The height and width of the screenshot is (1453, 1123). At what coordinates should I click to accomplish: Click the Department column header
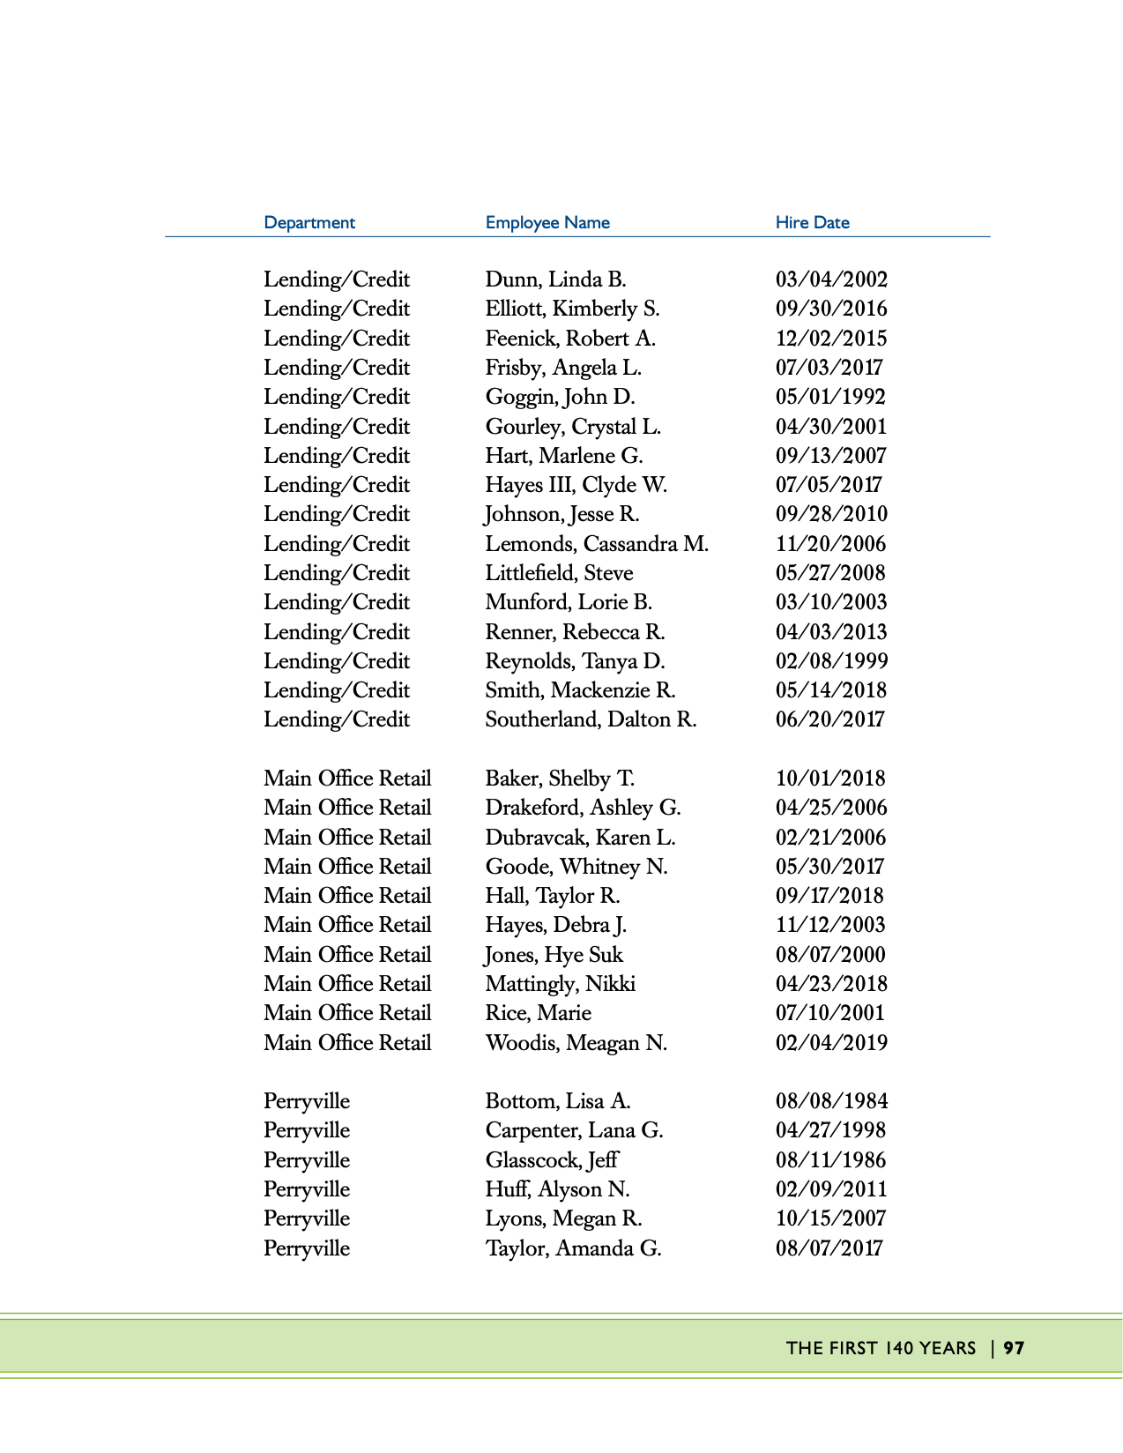309,222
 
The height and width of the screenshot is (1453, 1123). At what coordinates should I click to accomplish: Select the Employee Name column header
547,222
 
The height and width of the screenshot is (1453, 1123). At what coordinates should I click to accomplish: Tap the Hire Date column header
812,222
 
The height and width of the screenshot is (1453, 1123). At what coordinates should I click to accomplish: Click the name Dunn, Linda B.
555,279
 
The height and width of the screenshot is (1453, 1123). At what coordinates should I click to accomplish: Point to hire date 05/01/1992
830,397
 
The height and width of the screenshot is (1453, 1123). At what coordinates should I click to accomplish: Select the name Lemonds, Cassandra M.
597,544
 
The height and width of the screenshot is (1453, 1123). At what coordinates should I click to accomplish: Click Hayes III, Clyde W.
576,485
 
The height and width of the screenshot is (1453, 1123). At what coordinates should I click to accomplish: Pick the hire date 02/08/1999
831,661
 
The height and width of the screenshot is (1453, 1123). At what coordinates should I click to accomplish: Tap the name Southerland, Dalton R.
591,719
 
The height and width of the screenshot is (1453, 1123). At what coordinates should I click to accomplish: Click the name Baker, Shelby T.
560,779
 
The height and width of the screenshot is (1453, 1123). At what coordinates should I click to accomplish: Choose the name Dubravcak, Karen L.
580,838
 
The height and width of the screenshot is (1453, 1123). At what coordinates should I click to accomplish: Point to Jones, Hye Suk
554,955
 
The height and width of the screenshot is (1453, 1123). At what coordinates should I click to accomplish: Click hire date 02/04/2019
831,1043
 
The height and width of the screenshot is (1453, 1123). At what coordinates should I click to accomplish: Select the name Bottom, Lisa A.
557,1101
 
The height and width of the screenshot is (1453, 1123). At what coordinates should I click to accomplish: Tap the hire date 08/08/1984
831,1101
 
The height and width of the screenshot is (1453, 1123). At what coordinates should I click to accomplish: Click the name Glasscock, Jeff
552,1160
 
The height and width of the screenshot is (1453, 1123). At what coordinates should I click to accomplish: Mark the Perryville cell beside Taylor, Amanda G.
307,1248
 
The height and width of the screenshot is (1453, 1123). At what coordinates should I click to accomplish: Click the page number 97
1014,1348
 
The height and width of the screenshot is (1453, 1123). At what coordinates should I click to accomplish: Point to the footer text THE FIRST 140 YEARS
881,1348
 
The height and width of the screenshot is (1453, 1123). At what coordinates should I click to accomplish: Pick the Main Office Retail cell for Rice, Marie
347,1013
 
